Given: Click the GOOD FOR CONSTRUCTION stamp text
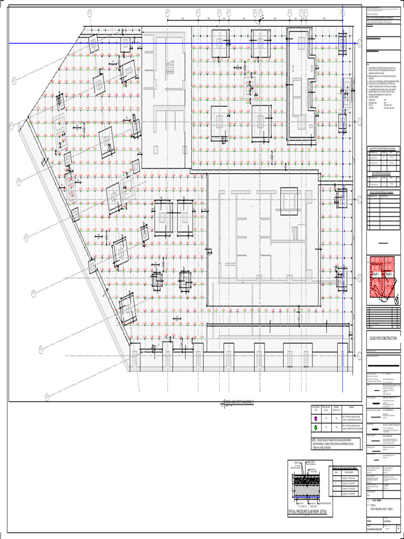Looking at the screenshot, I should click(382, 338).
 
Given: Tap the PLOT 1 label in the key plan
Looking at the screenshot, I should click(377, 275).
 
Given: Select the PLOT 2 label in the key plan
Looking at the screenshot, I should click(389, 275).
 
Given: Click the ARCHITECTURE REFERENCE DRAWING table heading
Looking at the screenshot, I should click(382, 149).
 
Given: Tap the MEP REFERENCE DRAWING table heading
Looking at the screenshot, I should click(382, 172).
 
